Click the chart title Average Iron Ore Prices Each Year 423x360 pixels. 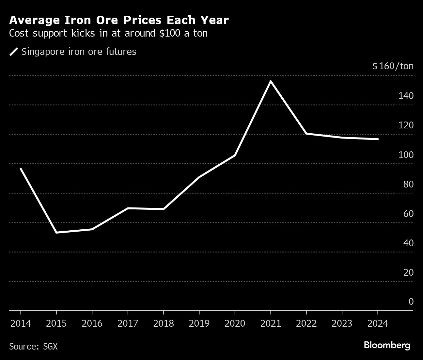[x=119, y=20]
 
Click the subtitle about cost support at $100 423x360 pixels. [x=108, y=33]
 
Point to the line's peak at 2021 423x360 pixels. [x=271, y=81]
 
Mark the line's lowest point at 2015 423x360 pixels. [x=56, y=232]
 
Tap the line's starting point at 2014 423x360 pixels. [x=21, y=169]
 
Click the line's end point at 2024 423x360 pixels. [x=378, y=139]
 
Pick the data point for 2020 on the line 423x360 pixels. [x=235, y=155]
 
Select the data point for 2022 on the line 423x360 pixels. [x=306, y=134]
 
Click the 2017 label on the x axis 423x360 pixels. [x=128, y=323]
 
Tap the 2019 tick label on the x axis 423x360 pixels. [x=199, y=323]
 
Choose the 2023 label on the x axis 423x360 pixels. [x=342, y=323]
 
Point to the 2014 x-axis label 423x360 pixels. [x=21, y=323]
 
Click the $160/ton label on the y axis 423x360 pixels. [x=393, y=66]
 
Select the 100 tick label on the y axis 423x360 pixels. [x=406, y=155]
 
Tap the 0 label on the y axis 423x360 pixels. [x=411, y=302]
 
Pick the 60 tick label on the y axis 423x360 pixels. [x=408, y=214]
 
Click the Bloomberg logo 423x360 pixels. [x=387, y=345]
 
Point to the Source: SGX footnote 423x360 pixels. [x=33, y=346]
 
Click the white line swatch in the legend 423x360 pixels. [x=14, y=52]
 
